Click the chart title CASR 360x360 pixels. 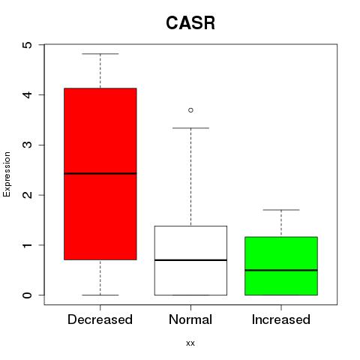click(190, 23)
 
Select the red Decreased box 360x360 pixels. click(100, 174)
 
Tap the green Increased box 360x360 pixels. click(281, 265)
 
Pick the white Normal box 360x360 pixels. click(190, 260)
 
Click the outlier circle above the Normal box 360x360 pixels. click(190, 110)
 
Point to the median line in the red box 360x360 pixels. click(100, 173)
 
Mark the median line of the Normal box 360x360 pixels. click(190, 260)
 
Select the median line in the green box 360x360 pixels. click(281, 270)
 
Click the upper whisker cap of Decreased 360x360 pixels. click(100, 54)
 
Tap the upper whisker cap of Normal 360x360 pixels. click(190, 128)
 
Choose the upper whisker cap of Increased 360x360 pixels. click(281, 210)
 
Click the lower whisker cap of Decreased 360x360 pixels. click(100, 295)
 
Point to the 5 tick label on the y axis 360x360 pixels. click(28, 45)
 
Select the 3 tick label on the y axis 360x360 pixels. click(28, 145)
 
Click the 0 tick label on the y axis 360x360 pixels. click(28, 295)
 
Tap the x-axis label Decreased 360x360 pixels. click(100, 319)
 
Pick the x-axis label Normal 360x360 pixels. click(190, 319)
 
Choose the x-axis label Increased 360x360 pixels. click(281, 319)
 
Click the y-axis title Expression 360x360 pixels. click(7, 174)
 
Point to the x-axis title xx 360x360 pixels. click(190, 343)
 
